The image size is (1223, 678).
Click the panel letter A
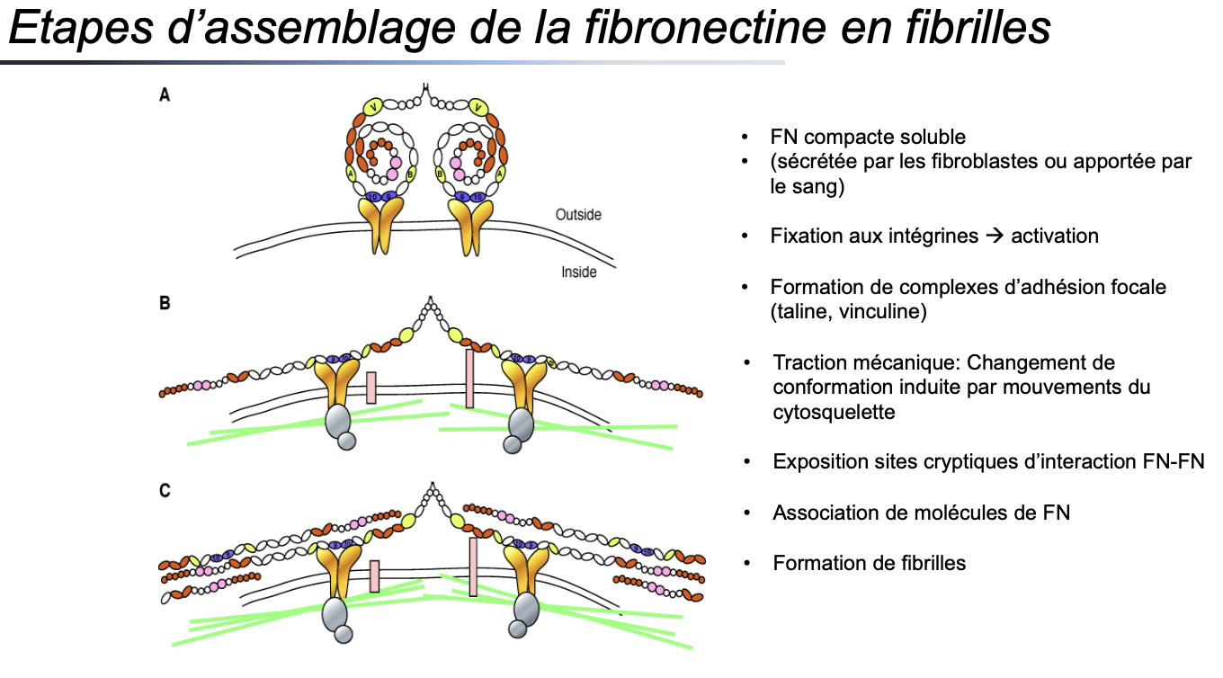click(x=165, y=94)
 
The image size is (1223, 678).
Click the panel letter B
click(x=165, y=303)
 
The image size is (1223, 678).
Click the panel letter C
click(x=165, y=491)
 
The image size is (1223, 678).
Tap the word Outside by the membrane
click(x=578, y=215)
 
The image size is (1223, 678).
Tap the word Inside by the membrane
click(x=579, y=272)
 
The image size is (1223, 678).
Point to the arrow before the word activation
click(x=994, y=236)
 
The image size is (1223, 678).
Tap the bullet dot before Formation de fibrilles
click(x=745, y=564)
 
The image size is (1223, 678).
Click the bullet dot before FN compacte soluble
click(x=745, y=138)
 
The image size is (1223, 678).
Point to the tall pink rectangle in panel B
click(x=469, y=378)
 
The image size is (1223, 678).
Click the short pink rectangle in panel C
click(x=373, y=576)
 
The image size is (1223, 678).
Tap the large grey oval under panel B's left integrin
click(x=337, y=421)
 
